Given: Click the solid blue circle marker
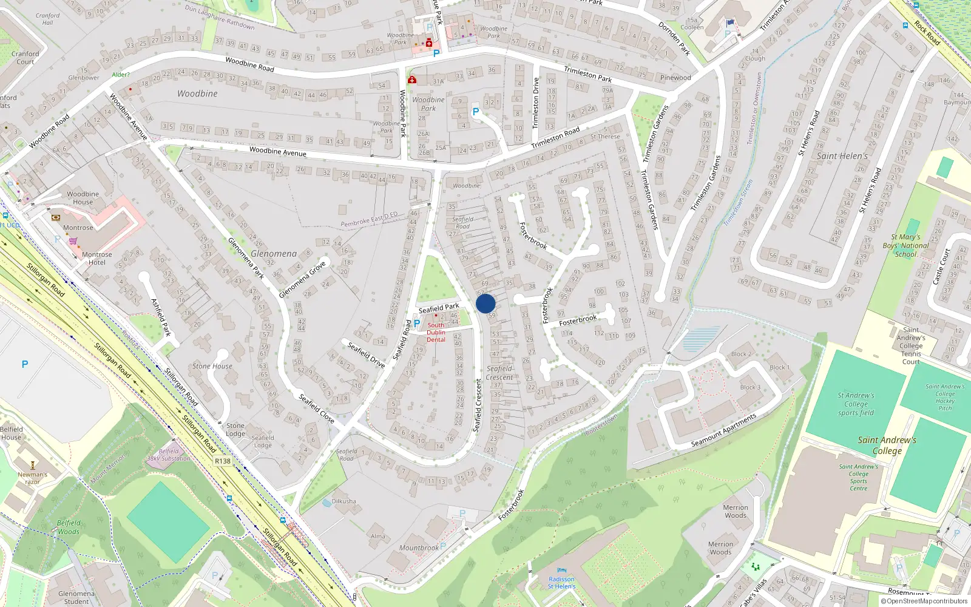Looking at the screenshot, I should (486, 303).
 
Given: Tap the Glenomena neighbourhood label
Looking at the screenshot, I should (274, 254).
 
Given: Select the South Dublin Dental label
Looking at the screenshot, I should (436, 333).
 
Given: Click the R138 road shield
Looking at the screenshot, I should (223, 461).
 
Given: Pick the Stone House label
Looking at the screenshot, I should (212, 366).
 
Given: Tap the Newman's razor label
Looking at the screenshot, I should (32, 478).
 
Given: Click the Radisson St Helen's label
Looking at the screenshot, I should (561, 583).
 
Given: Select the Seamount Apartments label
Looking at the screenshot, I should (724, 431).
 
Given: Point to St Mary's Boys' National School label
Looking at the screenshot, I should (905, 246).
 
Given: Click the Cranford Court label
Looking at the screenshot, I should (25, 58).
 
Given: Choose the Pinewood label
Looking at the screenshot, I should (675, 78).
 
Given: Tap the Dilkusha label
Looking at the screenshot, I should (344, 501).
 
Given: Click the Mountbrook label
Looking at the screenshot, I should (419, 548).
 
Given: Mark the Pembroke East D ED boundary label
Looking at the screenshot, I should (369, 220).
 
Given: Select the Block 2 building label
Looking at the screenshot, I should (741, 354).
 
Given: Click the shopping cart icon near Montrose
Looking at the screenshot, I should (73, 241).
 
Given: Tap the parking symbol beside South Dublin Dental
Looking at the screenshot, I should (417, 324).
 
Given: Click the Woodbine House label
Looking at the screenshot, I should (83, 198).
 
